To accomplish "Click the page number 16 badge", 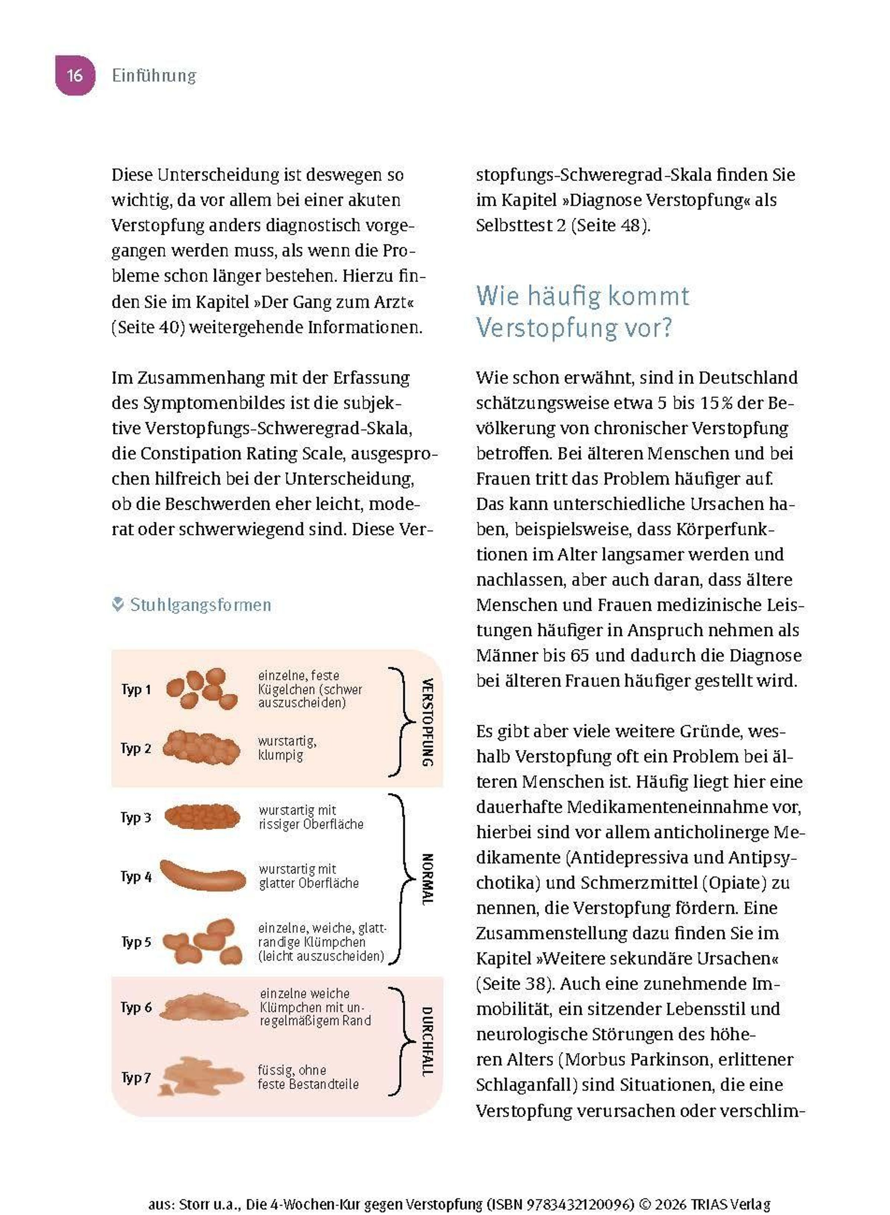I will click(75, 75).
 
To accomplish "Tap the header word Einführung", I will click(154, 75).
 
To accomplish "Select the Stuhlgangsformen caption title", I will click(200, 605).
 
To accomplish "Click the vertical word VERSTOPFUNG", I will click(427, 722).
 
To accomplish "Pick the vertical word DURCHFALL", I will click(427, 1041).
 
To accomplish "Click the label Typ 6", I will click(136, 1008).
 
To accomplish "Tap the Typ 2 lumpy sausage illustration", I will click(201, 748).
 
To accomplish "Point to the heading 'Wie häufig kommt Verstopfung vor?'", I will click(582, 312).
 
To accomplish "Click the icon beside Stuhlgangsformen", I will click(118, 605).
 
